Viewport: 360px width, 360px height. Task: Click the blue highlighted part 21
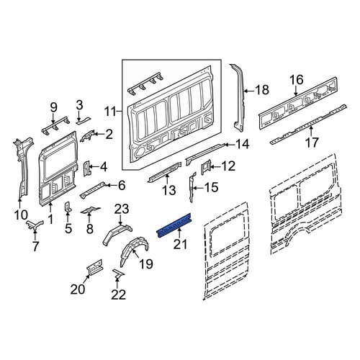tap(174, 224)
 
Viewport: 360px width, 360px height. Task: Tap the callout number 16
tap(297, 80)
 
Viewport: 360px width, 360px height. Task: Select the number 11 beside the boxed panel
tap(111, 112)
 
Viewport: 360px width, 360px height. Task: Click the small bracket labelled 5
tap(68, 207)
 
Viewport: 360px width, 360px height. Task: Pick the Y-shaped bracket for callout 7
tap(35, 225)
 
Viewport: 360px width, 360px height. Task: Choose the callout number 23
tap(122, 209)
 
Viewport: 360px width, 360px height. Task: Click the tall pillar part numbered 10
tap(22, 168)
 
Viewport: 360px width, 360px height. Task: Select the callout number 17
tap(311, 142)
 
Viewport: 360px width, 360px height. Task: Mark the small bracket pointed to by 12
tap(206, 167)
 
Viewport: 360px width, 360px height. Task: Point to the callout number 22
tap(118, 294)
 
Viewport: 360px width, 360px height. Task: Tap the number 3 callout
tap(79, 105)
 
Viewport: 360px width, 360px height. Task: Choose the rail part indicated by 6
tap(93, 189)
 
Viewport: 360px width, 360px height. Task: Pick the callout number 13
tap(169, 191)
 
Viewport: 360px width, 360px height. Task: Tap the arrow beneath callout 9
tap(53, 120)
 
